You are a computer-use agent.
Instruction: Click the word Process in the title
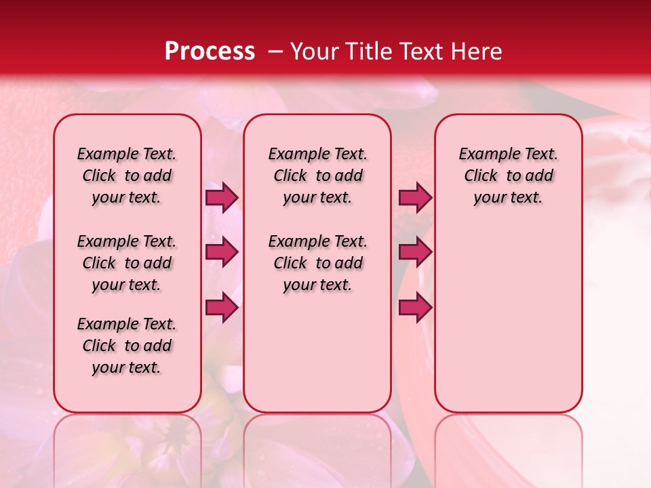(209, 52)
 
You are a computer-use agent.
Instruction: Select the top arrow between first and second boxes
(222, 197)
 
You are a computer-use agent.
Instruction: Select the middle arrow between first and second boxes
(222, 252)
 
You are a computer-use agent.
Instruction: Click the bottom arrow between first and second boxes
(222, 308)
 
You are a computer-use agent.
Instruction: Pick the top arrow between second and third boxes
(415, 197)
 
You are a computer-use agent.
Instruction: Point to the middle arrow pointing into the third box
(415, 252)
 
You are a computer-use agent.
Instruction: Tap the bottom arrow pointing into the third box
(415, 308)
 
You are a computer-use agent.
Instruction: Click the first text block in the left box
(127, 176)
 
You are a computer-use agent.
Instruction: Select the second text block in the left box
(127, 263)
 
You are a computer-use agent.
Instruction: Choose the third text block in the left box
(127, 346)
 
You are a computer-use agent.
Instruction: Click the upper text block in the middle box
(318, 176)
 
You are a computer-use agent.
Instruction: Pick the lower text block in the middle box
(318, 263)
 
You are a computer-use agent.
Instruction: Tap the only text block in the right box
(509, 176)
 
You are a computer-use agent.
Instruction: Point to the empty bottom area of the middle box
(318, 359)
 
